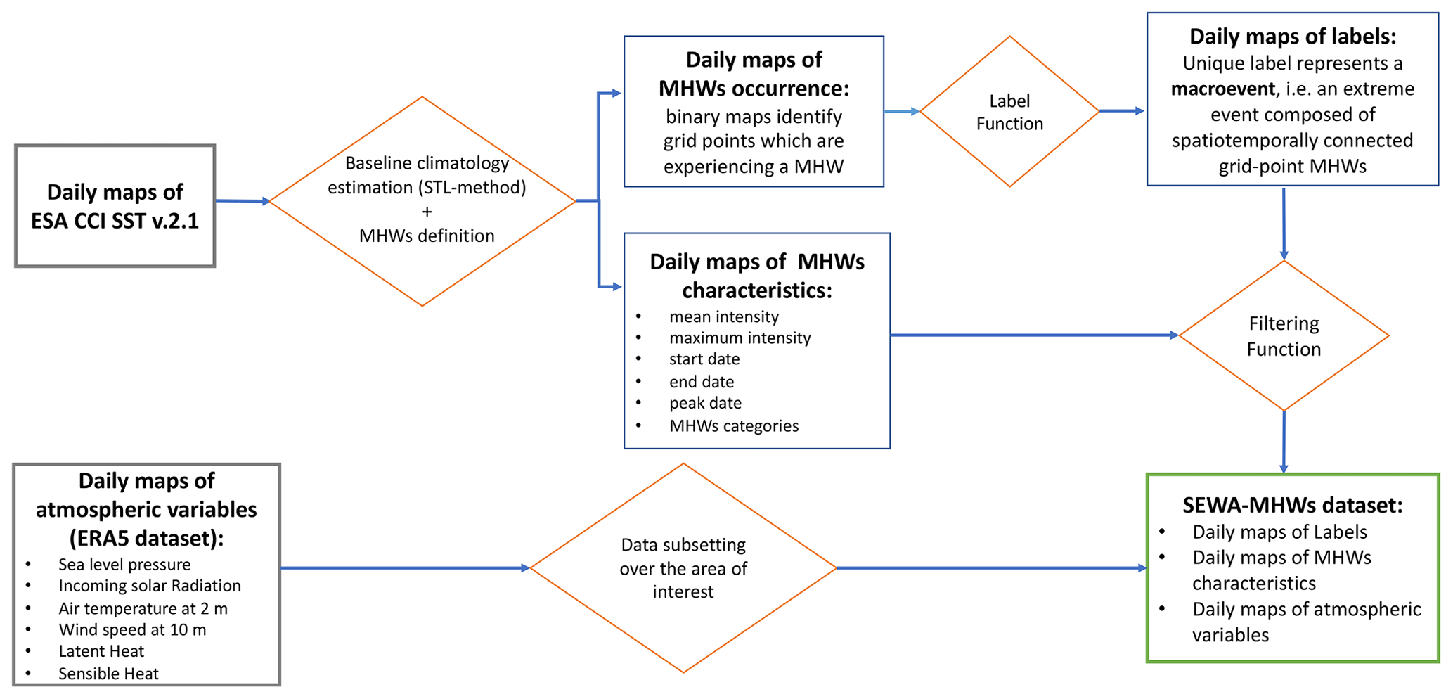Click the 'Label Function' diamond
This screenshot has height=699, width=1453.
pos(1009,112)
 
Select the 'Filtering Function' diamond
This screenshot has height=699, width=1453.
pos(1283,336)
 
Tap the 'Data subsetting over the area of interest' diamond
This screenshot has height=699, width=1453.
pos(683,567)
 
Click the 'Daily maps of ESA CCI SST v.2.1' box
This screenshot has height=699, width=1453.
pos(115,206)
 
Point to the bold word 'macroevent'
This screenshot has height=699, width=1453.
pos(1222,89)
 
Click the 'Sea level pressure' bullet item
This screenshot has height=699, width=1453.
pos(124,565)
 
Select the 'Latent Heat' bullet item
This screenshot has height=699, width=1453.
pos(101,651)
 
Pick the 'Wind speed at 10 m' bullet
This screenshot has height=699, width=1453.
pos(132,629)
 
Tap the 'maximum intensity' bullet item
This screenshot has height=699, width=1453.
pos(740,338)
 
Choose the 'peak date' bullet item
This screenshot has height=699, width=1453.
pos(705,403)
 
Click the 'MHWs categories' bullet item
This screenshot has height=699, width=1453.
pos(734,425)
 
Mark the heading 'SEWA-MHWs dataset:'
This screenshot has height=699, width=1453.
pos(1292,505)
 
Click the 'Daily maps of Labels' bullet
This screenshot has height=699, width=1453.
pos(1279,532)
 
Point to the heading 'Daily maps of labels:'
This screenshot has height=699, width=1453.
pos(1292,37)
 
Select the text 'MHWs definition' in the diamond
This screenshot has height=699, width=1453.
pos(427,236)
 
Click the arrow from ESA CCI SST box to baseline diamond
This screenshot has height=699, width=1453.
pos(242,201)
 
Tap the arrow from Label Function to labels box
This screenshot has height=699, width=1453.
pos(1122,111)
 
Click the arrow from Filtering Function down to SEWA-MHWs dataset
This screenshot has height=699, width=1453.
pos(1284,442)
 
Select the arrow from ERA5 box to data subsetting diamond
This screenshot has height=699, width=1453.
pos(404,567)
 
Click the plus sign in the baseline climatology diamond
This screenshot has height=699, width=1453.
pos(427,212)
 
